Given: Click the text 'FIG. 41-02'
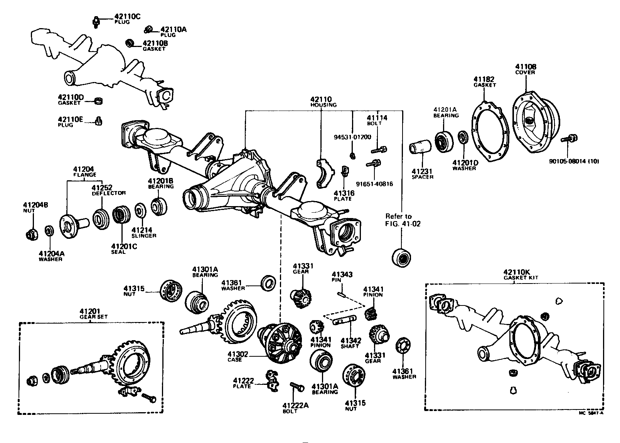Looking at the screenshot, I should tap(403, 223).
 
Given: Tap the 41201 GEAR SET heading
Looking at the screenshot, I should tap(91, 314).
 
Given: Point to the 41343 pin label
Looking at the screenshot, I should tap(337, 277).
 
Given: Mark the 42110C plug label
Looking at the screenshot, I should tap(122, 19).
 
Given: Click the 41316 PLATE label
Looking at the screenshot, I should tap(343, 196).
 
